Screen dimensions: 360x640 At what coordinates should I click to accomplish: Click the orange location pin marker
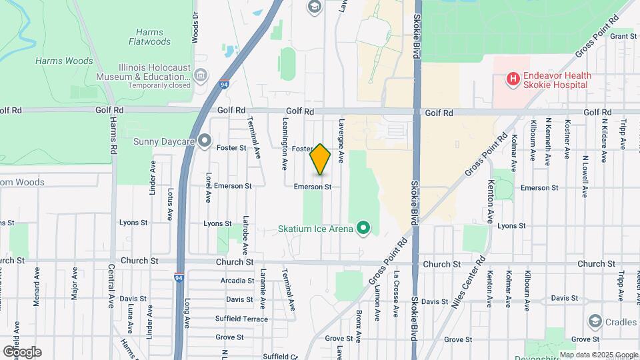point(321,159)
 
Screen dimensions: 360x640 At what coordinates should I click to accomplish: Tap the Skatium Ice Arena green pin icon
point(363,229)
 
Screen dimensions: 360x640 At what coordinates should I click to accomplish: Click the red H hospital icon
point(513,80)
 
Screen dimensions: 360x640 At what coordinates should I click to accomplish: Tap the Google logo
point(21,352)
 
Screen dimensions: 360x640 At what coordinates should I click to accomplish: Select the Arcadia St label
point(237,281)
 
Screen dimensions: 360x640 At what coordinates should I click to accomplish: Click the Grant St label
point(624,36)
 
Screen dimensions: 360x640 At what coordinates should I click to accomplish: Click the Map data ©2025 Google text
point(599,355)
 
